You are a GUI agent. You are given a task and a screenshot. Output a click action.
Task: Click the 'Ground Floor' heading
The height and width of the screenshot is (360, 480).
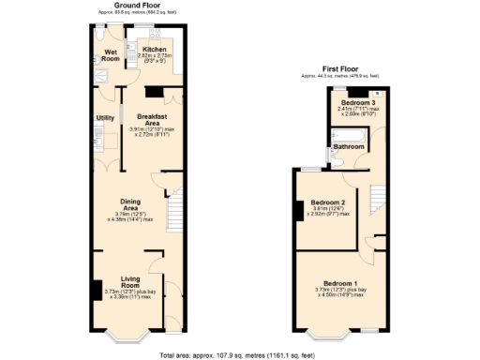tap(140, 5)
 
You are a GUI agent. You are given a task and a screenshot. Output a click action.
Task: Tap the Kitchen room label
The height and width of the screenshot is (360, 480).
tap(154, 49)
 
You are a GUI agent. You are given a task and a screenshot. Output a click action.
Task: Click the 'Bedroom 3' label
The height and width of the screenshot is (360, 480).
tap(356, 102)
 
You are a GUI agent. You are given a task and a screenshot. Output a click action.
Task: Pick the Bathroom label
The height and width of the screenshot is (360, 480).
tap(349, 147)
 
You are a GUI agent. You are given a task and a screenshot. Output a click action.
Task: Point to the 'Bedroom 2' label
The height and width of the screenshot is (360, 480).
tap(328, 202)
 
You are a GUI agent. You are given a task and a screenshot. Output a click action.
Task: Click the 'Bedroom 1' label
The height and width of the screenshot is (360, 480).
tap(340, 283)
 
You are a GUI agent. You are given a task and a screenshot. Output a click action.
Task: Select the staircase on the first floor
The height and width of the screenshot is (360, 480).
tap(376, 198)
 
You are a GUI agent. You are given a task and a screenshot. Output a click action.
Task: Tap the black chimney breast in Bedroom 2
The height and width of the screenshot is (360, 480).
tap(299, 211)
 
